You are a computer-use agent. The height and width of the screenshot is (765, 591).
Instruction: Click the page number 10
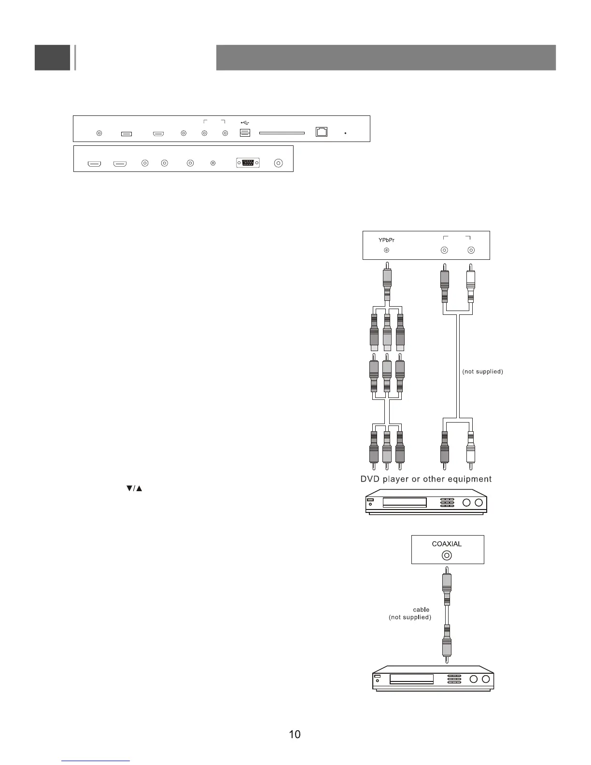[295, 735]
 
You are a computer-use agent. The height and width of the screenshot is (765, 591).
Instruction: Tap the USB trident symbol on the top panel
[245, 123]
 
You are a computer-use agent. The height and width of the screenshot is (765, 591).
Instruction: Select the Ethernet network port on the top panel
[322, 132]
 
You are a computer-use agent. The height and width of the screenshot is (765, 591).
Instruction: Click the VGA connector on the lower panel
[248, 163]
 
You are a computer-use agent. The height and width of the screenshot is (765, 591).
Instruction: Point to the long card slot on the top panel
[282, 133]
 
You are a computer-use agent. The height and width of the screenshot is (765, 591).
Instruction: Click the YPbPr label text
[386, 240]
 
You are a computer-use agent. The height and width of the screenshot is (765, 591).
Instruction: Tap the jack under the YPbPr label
[386, 250]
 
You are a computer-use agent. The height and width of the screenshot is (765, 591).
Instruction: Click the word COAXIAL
[447, 544]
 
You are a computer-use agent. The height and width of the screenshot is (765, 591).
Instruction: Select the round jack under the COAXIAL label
[447, 555]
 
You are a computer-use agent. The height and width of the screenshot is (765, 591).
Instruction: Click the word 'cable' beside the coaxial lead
[421, 609]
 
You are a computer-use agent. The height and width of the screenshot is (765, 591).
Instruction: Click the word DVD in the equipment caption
[370, 479]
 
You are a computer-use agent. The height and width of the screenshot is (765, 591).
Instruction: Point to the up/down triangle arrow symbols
[134, 489]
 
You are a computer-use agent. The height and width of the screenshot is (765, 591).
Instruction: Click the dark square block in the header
[52, 57]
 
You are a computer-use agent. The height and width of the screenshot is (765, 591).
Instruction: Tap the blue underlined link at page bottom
[96, 761]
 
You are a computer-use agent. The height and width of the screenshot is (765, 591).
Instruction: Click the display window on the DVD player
[405, 502]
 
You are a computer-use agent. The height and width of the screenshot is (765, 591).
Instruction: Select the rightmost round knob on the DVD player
[478, 502]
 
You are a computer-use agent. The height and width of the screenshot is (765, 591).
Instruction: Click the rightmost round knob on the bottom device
[486, 679]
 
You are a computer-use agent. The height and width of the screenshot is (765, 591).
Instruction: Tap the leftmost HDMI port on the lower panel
[94, 164]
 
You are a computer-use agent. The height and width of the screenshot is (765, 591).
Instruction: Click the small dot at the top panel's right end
[346, 133]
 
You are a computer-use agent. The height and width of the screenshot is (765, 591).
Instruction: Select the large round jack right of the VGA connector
[278, 163]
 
